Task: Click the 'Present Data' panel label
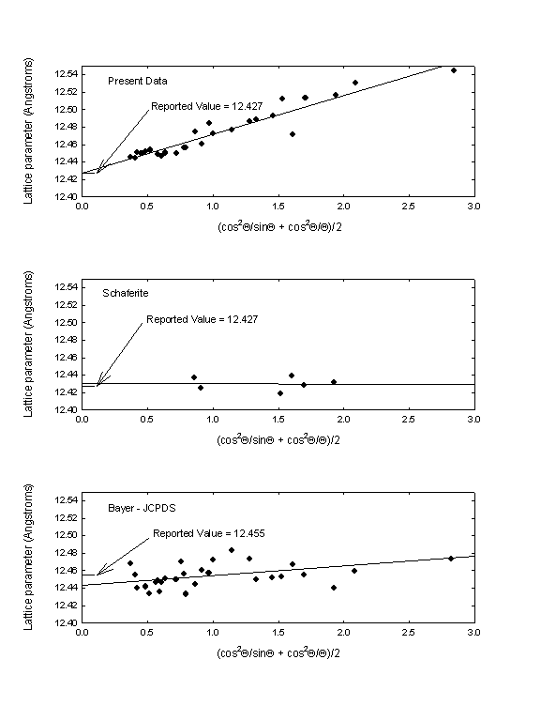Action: [137, 81]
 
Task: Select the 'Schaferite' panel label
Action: [126, 293]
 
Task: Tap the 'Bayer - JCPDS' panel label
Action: [142, 508]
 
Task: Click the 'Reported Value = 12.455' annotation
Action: [208, 533]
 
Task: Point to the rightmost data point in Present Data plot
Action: [454, 70]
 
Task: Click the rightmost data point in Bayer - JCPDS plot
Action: [451, 559]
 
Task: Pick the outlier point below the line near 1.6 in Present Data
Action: [293, 134]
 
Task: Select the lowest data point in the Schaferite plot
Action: [280, 393]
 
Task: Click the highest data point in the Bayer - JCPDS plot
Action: [232, 550]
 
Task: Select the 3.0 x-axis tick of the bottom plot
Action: [473, 632]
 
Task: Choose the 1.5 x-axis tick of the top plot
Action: [278, 206]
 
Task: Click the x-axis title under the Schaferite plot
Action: [278, 439]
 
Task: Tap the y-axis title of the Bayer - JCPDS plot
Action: [28, 557]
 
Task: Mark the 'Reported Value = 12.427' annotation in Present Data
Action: [206, 106]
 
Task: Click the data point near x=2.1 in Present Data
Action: [355, 83]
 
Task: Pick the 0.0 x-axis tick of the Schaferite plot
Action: [82, 420]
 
